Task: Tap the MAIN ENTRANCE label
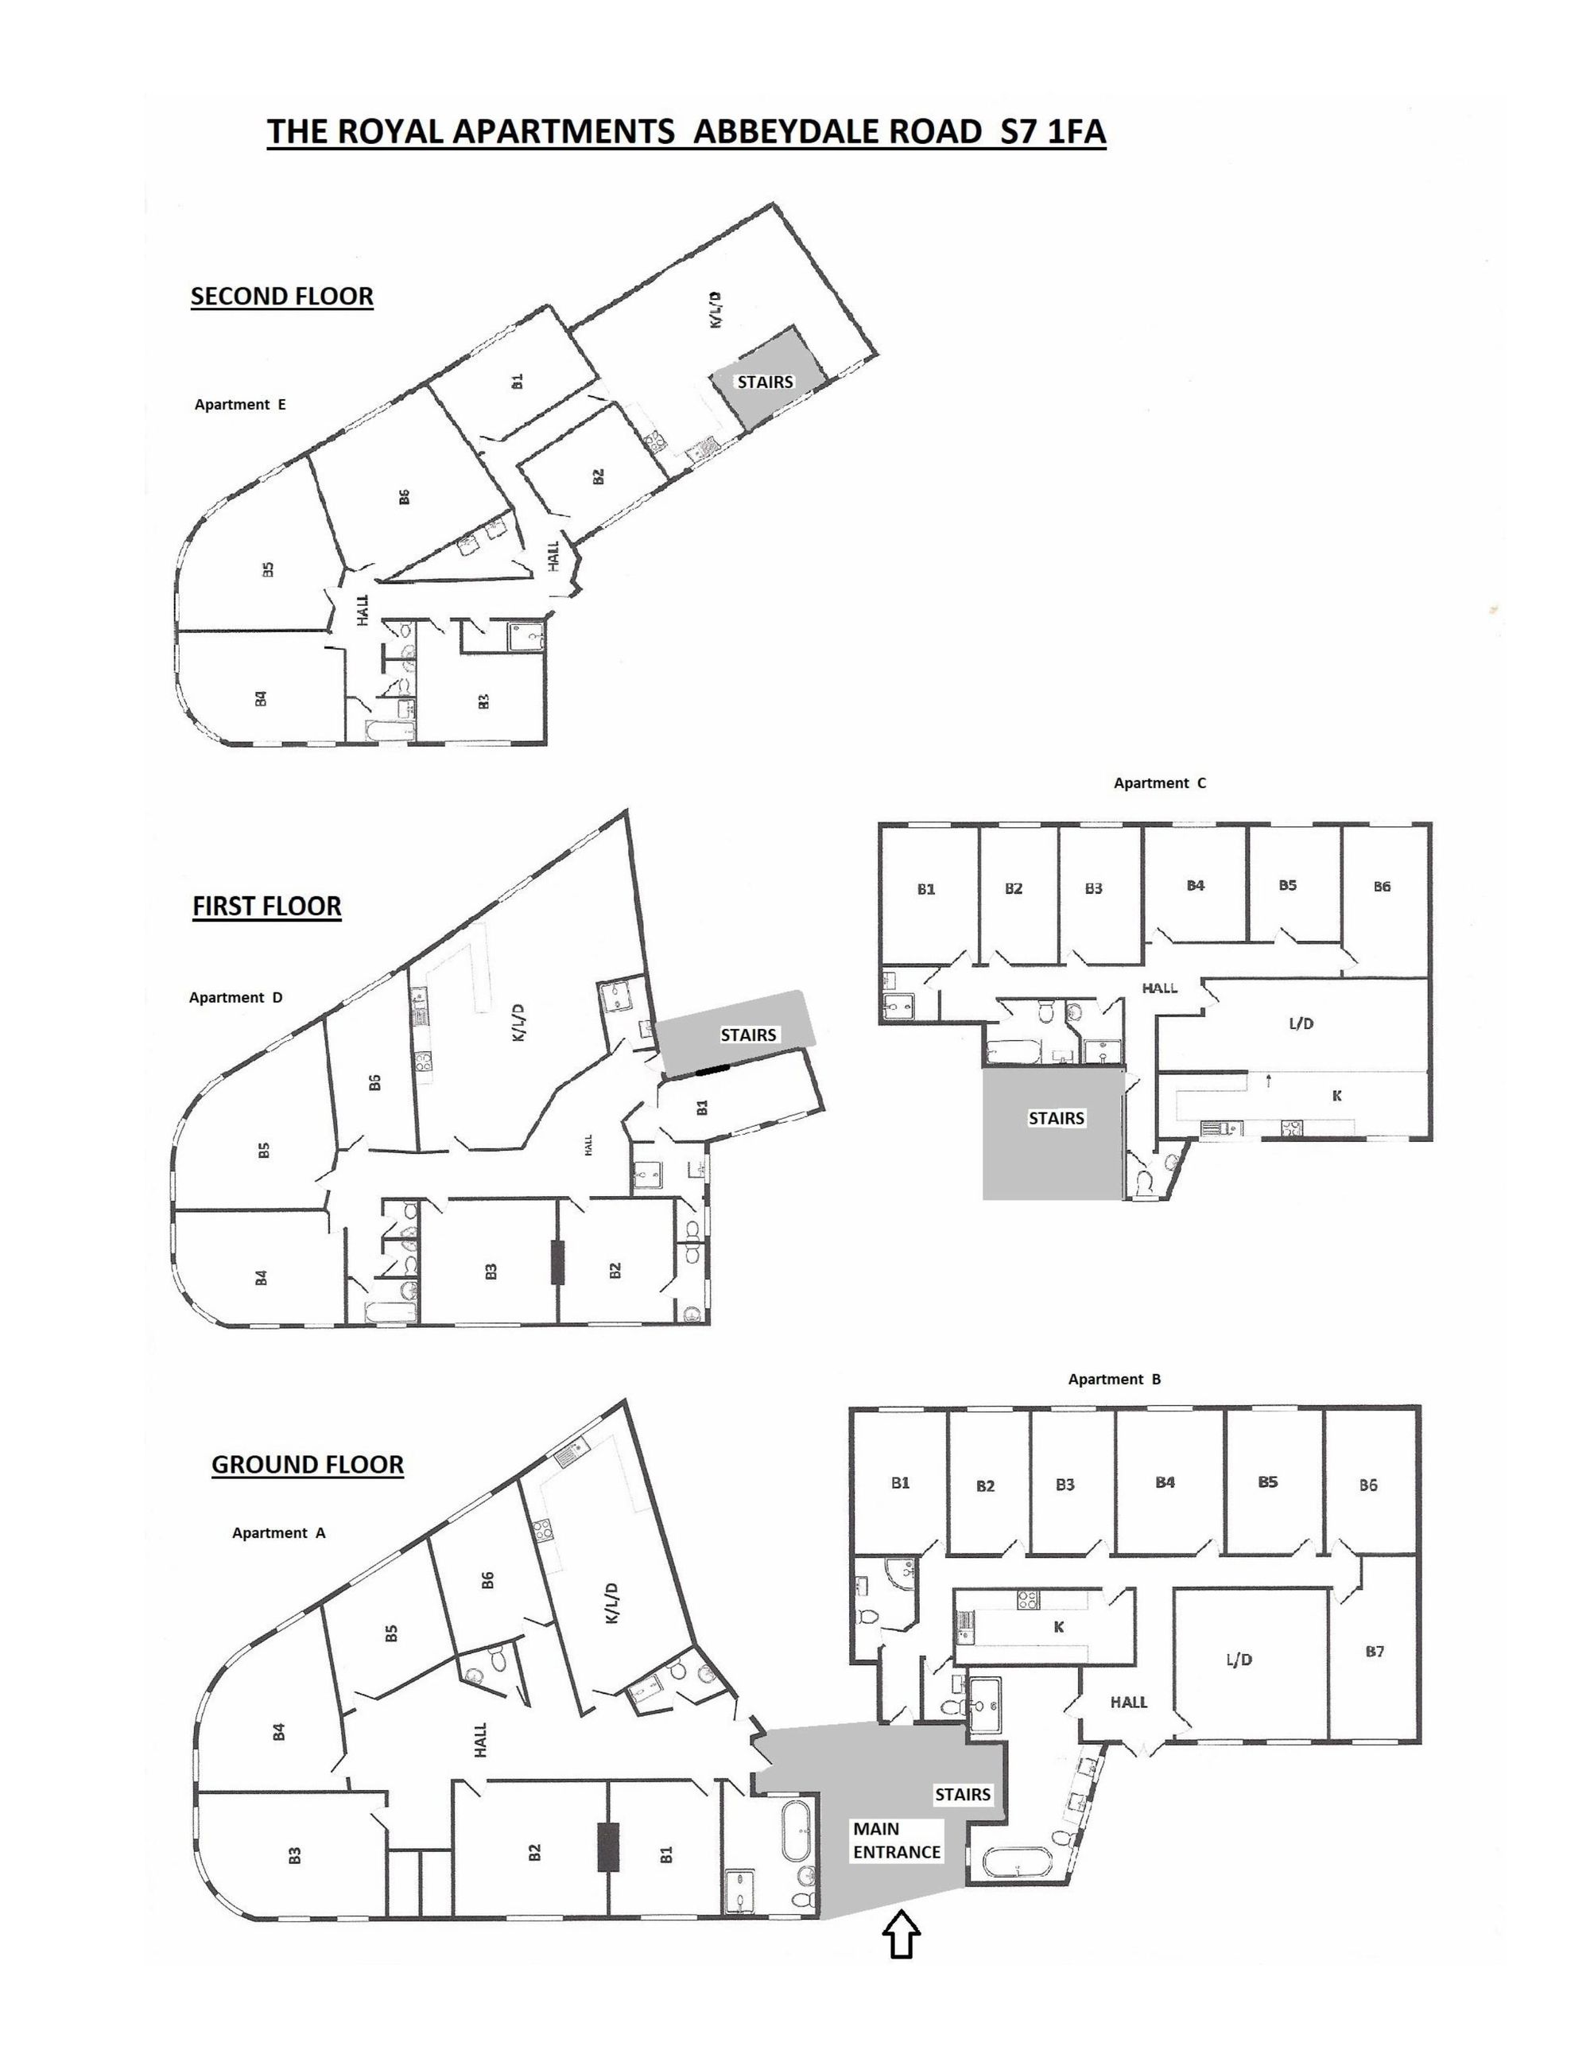click(x=896, y=1840)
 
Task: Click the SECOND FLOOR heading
click(x=281, y=296)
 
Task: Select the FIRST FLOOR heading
click(x=266, y=906)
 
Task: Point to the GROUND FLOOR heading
click(x=307, y=1464)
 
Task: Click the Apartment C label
click(x=1160, y=783)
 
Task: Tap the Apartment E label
click(x=240, y=404)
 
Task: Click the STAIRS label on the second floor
click(x=765, y=382)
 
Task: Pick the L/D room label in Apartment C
click(x=1301, y=1023)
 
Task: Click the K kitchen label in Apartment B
click(x=1059, y=1626)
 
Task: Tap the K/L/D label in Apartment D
click(x=517, y=1023)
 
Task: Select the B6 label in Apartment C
click(x=1382, y=886)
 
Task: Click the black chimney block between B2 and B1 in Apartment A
click(x=608, y=1847)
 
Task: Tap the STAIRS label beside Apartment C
click(x=1056, y=1117)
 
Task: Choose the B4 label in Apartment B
click(x=1165, y=1482)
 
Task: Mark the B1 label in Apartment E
click(x=516, y=381)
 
